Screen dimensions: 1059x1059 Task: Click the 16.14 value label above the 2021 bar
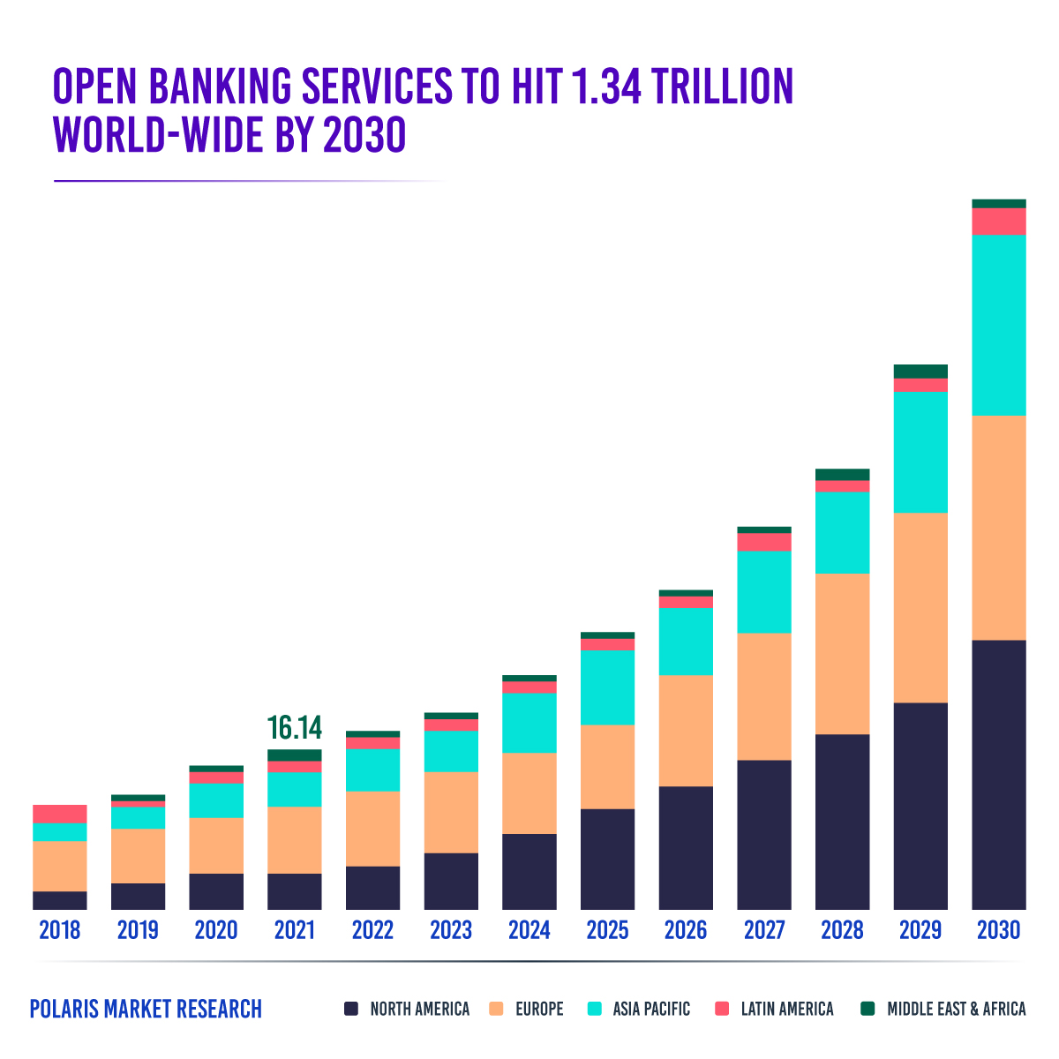pyautogui.click(x=294, y=729)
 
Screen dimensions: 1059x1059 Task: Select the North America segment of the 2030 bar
pyautogui.click(x=998, y=774)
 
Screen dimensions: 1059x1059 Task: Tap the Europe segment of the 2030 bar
pyautogui.click(x=998, y=527)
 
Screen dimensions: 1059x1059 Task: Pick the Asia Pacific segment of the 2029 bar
pyautogui.click(x=920, y=452)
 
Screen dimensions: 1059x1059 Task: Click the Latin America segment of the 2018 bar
pyautogui.click(x=59, y=814)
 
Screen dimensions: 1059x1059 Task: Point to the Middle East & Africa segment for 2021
pyautogui.click(x=294, y=755)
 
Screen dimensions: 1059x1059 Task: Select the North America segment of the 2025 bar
pyautogui.click(x=607, y=859)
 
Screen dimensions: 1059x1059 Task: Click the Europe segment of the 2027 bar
pyautogui.click(x=764, y=696)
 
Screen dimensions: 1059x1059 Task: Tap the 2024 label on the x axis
pyautogui.click(x=529, y=931)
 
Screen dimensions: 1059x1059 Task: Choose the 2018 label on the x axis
pyautogui.click(x=59, y=931)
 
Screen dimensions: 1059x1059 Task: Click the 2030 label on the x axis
pyautogui.click(x=998, y=931)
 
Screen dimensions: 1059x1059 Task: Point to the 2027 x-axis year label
pyautogui.click(x=764, y=931)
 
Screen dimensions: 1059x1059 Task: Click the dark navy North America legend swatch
pyautogui.click(x=351, y=1009)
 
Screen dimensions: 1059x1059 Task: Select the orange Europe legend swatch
pyautogui.click(x=496, y=1009)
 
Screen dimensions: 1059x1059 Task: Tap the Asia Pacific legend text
pyautogui.click(x=651, y=1009)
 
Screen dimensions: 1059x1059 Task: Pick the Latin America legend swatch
pyautogui.click(x=722, y=1009)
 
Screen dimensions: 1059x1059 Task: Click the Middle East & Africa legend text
pyautogui.click(x=956, y=1009)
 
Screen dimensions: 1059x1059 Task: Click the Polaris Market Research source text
pyautogui.click(x=146, y=1009)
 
